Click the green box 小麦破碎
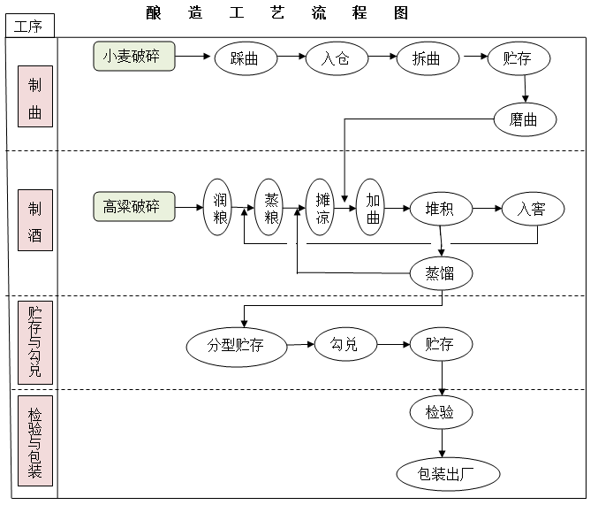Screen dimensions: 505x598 [134, 57]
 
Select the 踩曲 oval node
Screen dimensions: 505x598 [244, 58]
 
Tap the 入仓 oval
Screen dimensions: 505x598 [336, 58]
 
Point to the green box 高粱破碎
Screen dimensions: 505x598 [134, 207]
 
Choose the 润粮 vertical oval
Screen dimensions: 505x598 [219, 208]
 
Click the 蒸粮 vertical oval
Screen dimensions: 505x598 [270, 208]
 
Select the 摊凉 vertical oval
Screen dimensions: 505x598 [321, 208]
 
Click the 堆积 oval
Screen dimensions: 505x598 [440, 210]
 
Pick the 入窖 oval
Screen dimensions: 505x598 [533, 210]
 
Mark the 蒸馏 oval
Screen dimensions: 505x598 [441, 272]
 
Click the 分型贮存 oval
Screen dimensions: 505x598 [237, 345]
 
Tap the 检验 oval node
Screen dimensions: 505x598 [441, 411]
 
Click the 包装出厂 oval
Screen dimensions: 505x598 [448, 474]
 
